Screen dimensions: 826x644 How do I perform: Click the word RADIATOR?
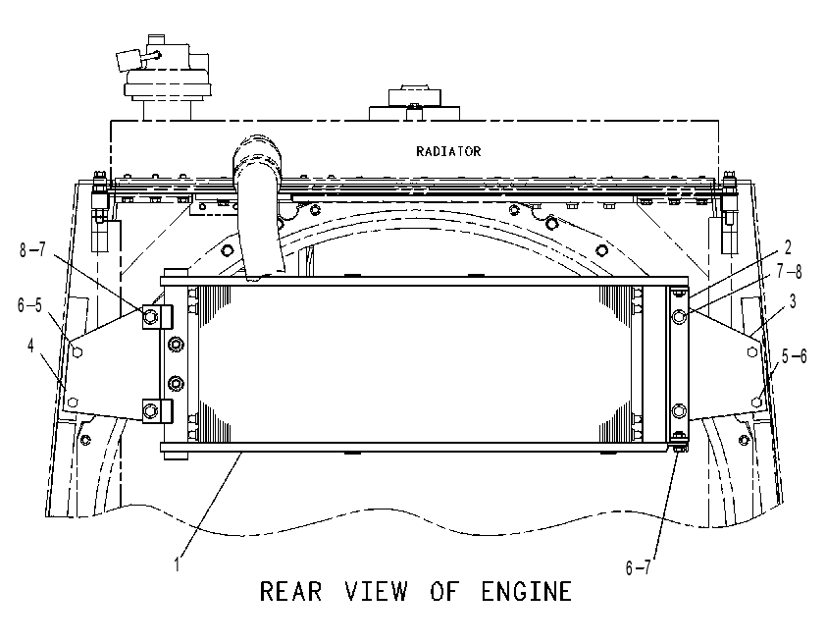point(448,152)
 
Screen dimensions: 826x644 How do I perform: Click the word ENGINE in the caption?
point(526,591)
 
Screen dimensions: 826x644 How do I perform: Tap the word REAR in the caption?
point(290,591)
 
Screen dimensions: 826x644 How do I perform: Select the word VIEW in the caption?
point(376,591)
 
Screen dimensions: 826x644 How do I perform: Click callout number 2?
point(788,247)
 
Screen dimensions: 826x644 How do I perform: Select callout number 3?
point(793,301)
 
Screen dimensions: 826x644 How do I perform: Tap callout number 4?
point(30,346)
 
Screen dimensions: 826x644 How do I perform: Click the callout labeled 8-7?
point(32,249)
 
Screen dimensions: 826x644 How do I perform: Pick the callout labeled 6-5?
point(29,304)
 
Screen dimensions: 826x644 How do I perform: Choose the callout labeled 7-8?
point(789,271)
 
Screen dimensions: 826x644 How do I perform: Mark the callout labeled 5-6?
point(794,356)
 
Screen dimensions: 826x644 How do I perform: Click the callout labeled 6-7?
point(638,567)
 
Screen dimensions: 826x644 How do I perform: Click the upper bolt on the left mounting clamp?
point(150,316)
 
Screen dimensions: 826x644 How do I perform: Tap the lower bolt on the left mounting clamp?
point(150,409)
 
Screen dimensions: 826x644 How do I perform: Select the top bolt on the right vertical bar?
point(679,316)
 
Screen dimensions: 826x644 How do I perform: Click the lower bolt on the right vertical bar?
point(679,410)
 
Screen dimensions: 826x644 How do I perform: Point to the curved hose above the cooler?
point(258,205)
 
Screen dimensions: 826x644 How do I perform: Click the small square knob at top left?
point(128,60)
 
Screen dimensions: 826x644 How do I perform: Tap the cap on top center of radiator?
point(415,96)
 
